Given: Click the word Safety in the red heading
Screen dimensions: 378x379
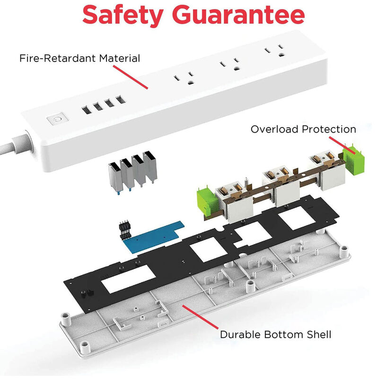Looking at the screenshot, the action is [123, 16].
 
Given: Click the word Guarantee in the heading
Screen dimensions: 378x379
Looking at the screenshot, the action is [238, 15].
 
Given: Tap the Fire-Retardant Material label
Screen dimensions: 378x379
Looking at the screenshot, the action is [79, 58].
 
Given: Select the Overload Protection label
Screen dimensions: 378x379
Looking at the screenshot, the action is [303, 129].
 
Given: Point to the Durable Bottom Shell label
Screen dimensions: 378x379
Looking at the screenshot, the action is [276, 334].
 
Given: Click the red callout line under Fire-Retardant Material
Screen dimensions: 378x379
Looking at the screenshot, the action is [131, 77].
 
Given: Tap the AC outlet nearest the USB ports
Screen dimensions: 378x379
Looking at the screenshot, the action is [185, 78].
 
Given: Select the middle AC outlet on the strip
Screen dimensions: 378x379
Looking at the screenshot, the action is [230, 64].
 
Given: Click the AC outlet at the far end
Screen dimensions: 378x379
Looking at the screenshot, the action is [275, 50].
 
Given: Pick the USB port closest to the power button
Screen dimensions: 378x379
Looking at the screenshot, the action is [87, 110].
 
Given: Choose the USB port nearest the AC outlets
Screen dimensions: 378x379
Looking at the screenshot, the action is [121, 99].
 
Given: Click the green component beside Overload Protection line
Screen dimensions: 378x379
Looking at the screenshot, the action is [353, 160].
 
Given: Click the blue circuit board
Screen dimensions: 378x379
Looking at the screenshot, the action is [154, 237].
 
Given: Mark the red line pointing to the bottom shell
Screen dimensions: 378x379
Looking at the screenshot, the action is [200, 317].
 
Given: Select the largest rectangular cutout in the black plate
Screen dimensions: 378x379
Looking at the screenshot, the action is [128, 279].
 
